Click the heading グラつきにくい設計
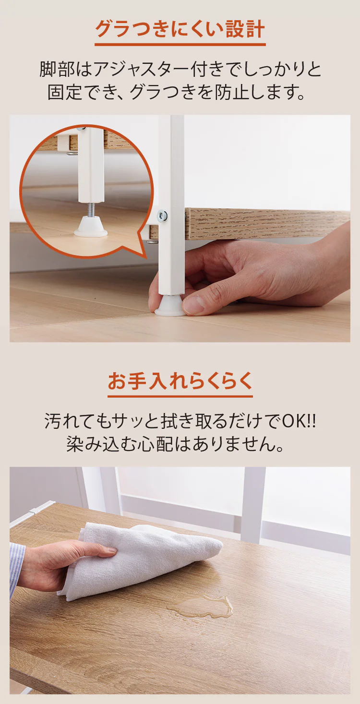[x=180, y=29]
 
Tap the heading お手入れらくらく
[x=180, y=381]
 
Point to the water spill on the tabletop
[x=202, y=607]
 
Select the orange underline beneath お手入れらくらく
[x=180, y=397]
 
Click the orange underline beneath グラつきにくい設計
[x=180, y=45]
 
